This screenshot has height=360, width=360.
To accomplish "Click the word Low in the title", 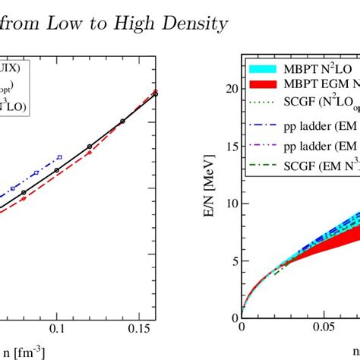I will [71, 24].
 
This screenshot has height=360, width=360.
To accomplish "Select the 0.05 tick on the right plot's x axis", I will [328, 327].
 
